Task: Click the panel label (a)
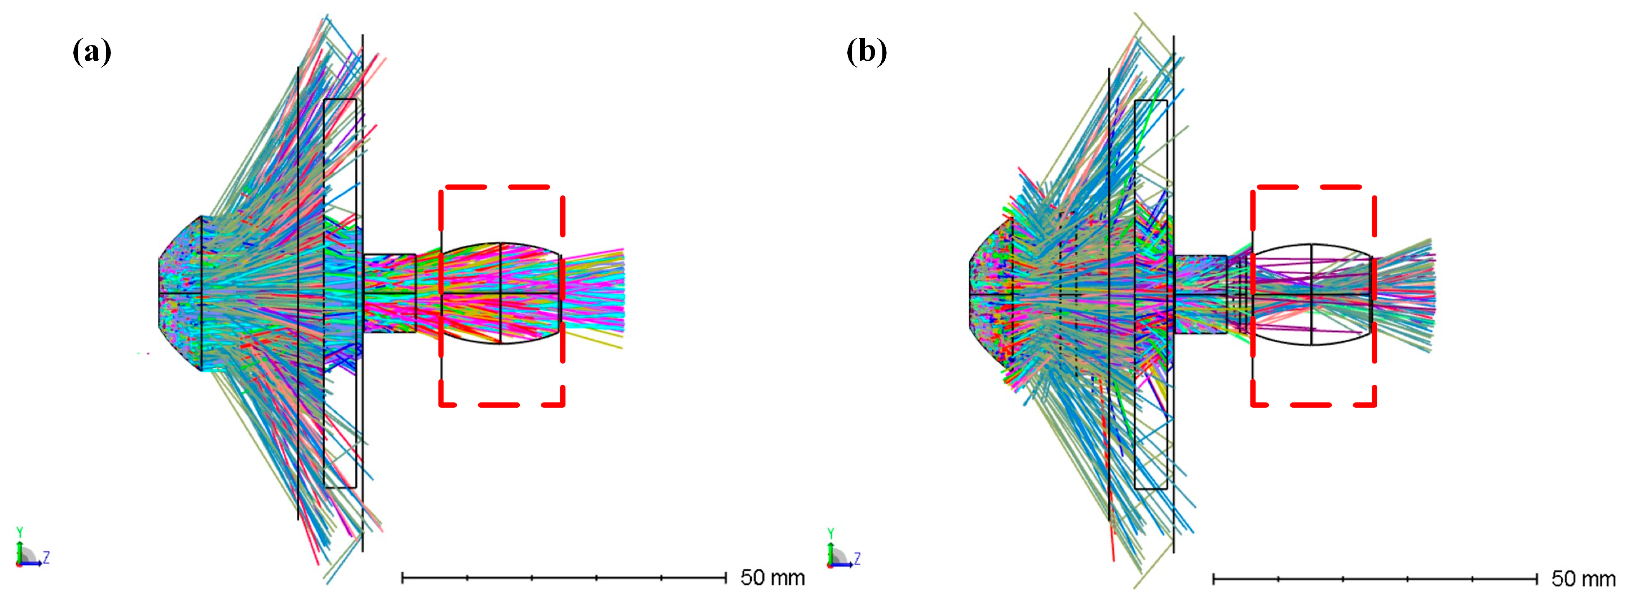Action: click(x=92, y=51)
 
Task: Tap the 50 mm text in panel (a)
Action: click(x=772, y=577)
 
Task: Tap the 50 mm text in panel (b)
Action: click(x=1583, y=578)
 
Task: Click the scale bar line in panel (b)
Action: click(x=1375, y=578)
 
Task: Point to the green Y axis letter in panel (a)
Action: click(x=20, y=532)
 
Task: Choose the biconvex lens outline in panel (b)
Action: click(x=1312, y=294)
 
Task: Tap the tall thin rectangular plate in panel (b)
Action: click(x=1151, y=294)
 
